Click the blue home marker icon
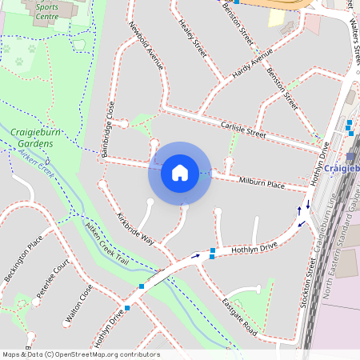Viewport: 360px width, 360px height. click(179, 173)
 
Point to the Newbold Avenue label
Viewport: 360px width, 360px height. click(146, 45)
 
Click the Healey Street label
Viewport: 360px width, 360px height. click(193, 34)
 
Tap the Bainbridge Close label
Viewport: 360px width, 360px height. click(109, 128)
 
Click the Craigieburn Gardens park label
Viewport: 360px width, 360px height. click(33, 138)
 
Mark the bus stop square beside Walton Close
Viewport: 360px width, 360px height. click(128, 307)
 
